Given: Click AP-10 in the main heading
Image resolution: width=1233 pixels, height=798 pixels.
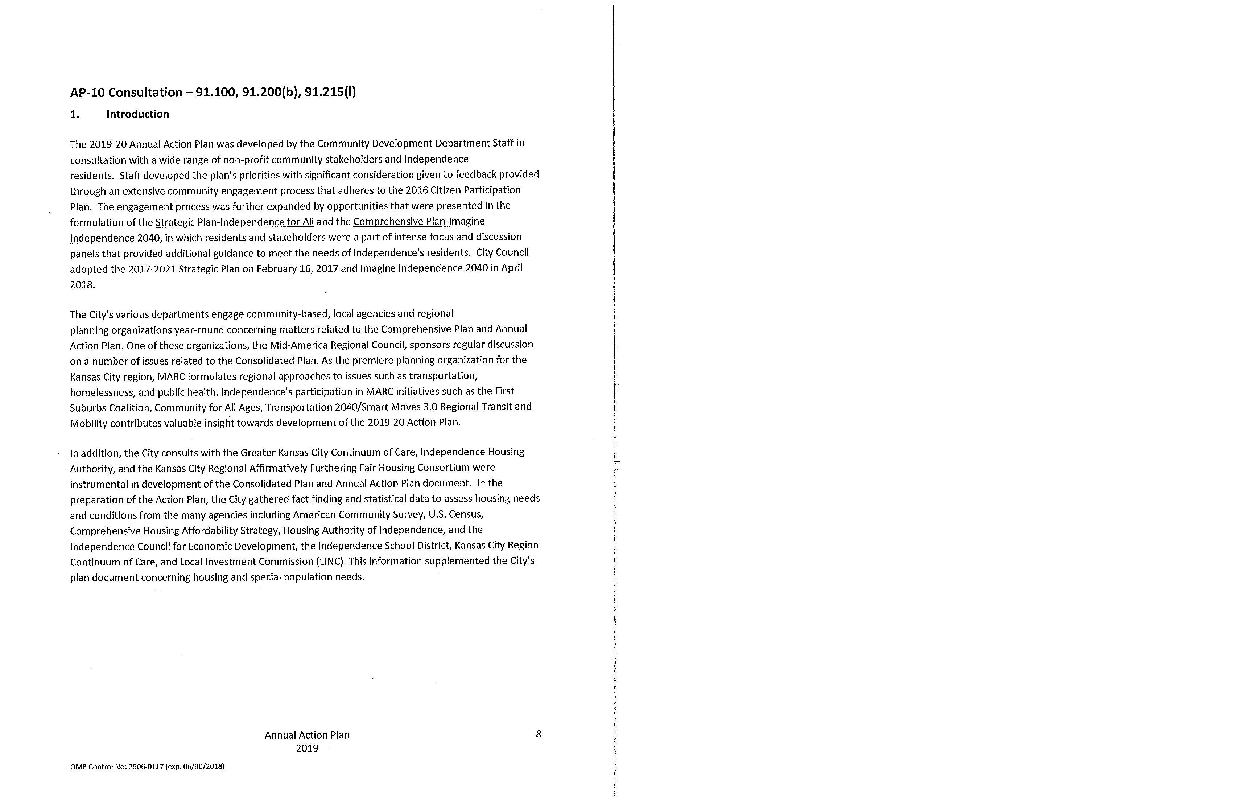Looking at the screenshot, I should click(87, 93).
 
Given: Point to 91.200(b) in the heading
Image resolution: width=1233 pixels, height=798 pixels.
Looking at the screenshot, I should click(271, 93).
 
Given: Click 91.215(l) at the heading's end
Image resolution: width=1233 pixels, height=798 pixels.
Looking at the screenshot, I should click(330, 93).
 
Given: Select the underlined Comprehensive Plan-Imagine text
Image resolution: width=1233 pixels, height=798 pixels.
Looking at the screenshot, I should click(418, 222).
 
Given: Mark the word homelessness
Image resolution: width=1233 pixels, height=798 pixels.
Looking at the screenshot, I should click(102, 392).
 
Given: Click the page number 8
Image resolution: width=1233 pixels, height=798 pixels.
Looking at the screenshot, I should click(538, 734).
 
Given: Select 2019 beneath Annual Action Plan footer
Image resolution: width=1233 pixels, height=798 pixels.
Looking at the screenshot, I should click(307, 748).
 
